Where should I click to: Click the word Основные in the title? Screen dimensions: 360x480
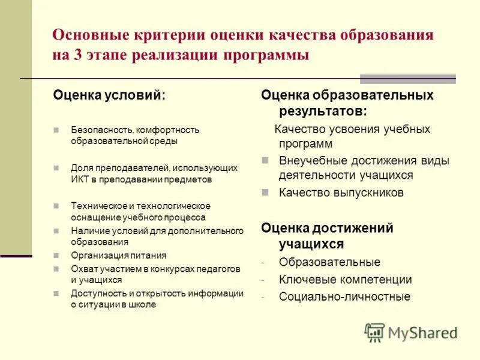point(91,35)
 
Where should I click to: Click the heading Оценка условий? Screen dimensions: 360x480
point(110,95)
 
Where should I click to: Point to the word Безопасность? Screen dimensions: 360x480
point(101,130)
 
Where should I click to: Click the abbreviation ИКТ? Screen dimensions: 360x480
point(79,179)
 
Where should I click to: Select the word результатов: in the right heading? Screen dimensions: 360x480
point(323,110)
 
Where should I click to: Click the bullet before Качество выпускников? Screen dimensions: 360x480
point(265,193)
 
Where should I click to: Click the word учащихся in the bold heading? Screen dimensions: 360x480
point(311,244)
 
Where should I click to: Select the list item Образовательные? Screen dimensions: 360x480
point(329,262)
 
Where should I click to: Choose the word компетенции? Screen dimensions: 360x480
point(374,280)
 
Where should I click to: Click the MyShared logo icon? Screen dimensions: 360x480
point(374,332)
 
